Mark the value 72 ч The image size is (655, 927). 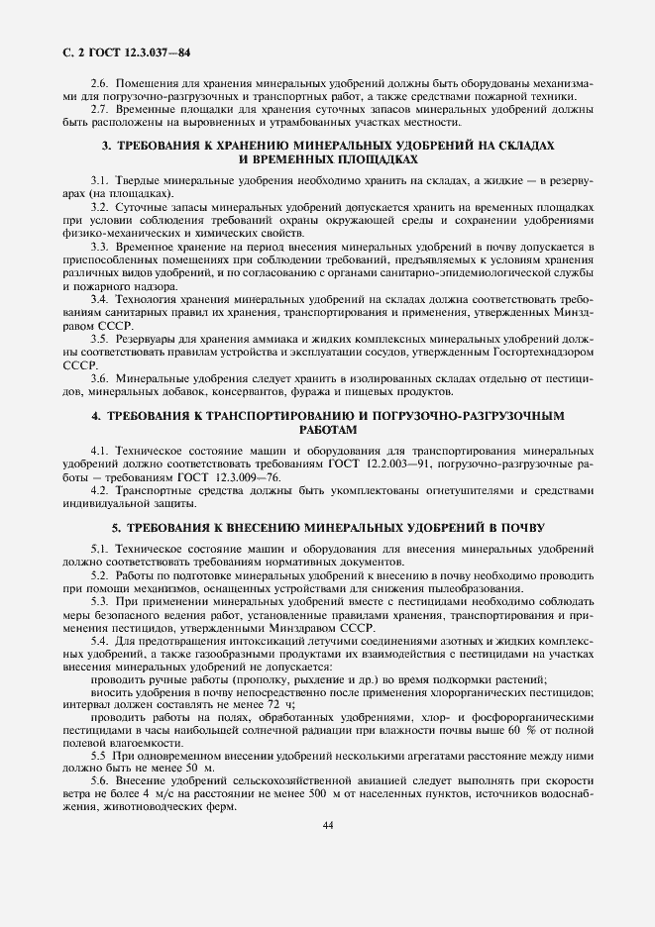click(272, 704)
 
